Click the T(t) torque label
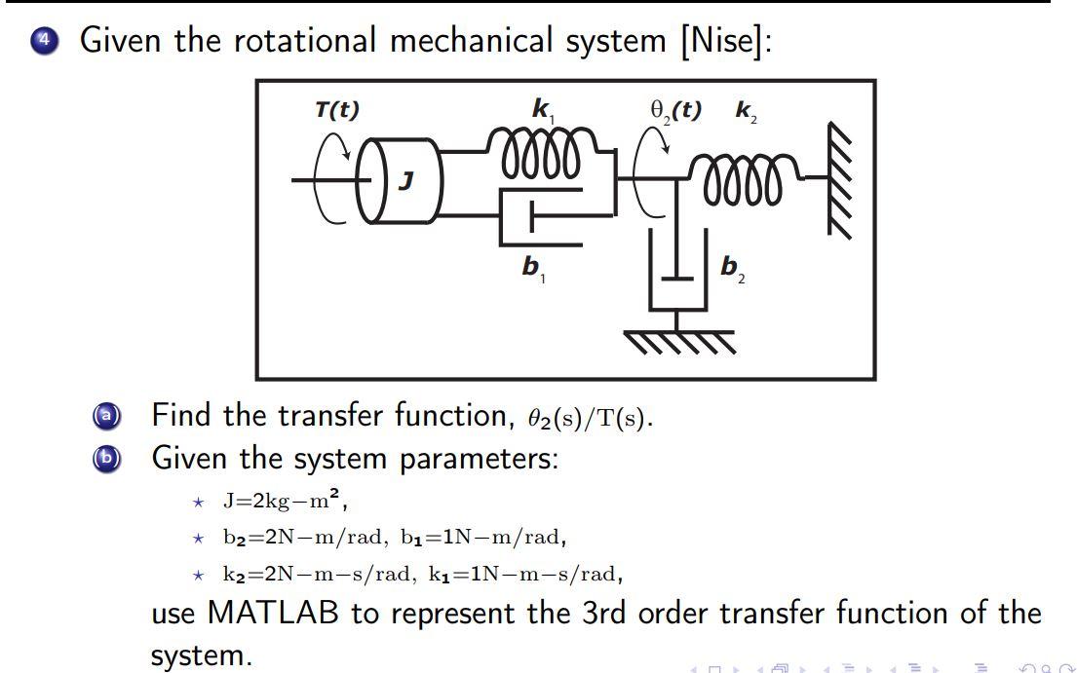click(x=336, y=110)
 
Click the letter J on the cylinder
click(x=407, y=180)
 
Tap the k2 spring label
click(x=746, y=111)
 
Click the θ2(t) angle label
click(x=675, y=110)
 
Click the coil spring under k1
click(x=541, y=160)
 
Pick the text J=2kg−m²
click(x=284, y=503)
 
